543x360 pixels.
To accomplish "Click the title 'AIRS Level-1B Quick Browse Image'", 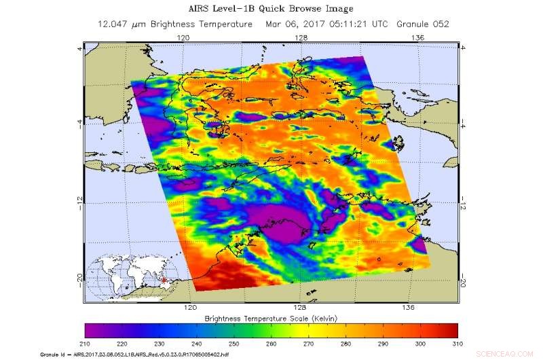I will coord(271,10).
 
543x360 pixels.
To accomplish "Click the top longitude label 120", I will coord(183,38).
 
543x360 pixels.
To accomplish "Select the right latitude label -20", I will coord(464,276).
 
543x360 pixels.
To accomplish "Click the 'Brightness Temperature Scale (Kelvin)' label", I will coord(271,318).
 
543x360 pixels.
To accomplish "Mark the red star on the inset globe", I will coord(162,280).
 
